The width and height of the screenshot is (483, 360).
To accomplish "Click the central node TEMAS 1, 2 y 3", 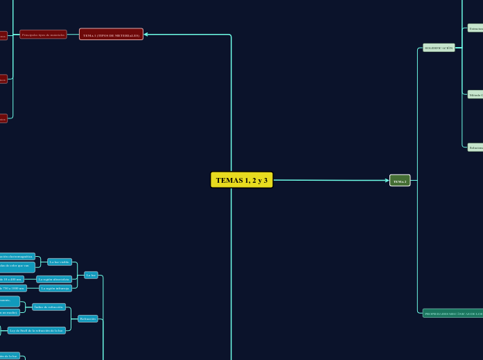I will [241, 180].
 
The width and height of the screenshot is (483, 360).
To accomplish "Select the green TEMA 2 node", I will [400, 181].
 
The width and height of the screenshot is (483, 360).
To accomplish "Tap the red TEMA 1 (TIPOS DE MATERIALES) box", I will [111, 35].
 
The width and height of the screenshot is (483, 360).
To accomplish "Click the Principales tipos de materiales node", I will [43, 35].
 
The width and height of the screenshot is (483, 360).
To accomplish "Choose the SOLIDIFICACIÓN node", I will [439, 48].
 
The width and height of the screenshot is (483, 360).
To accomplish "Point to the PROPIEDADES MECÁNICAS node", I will [453, 313].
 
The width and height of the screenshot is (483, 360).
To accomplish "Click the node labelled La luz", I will [91, 275].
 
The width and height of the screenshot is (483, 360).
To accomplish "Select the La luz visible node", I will [60, 262].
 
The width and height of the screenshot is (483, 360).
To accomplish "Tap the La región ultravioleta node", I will [53, 279].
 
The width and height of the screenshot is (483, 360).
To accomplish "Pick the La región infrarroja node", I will [55, 288].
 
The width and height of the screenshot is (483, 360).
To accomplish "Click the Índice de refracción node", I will [49, 306].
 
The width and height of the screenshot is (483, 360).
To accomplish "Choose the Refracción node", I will [88, 318].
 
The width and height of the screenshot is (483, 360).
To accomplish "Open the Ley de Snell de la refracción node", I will [37, 330].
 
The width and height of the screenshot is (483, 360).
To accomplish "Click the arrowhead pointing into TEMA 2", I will [387, 181].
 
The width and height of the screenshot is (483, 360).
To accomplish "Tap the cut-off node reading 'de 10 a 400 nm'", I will [12, 279].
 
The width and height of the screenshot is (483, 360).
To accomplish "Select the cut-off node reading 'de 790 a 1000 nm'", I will [12, 288].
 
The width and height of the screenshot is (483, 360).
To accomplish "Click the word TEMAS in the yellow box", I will [226, 180].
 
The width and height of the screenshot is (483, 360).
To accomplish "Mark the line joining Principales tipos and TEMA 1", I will [73, 35].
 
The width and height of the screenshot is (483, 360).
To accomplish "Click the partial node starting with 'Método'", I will [475, 95].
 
